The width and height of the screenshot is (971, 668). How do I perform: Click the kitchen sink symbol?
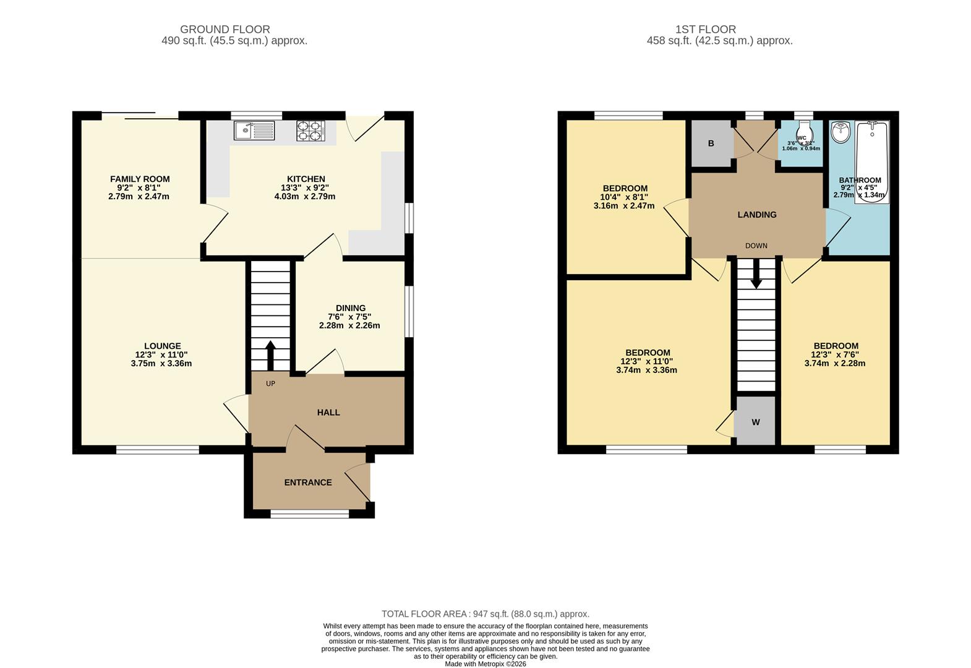click(254, 131)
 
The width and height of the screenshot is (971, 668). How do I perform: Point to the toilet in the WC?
click(803, 132)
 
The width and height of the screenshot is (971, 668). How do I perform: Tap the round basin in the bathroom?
click(841, 131)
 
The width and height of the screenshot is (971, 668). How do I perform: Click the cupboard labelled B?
click(711, 143)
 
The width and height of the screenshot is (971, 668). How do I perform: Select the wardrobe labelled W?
click(755, 422)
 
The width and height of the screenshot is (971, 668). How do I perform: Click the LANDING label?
click(757, 215)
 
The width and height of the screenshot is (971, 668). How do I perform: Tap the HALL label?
click(328, 413)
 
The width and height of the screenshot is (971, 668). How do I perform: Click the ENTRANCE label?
click(308, 482)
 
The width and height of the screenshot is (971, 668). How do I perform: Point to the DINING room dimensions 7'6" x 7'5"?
click(349, 317)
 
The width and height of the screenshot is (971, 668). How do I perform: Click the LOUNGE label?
click(162, 346)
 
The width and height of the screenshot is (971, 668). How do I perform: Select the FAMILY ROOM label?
click(140, 179)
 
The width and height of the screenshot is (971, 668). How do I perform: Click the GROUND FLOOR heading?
click(225, 29)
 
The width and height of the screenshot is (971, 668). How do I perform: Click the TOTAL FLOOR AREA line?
click(485, 614)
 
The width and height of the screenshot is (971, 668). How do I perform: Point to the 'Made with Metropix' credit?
click(485, 664)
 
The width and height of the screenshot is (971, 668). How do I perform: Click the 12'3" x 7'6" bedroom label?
click(836, 346)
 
